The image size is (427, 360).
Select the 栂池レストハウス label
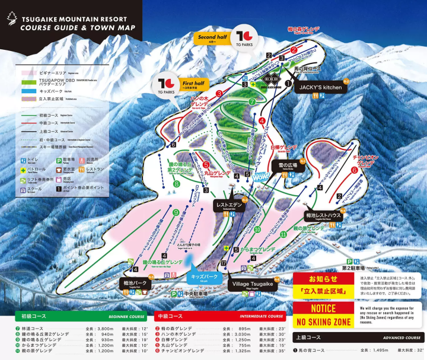(x=323, y=216)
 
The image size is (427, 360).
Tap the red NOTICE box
(x=323, y=308)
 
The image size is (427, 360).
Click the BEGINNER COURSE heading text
(x=128, y=316)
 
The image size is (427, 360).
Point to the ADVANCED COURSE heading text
(x=401, y=337)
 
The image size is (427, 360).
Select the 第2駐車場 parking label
(x=353, y=267)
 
